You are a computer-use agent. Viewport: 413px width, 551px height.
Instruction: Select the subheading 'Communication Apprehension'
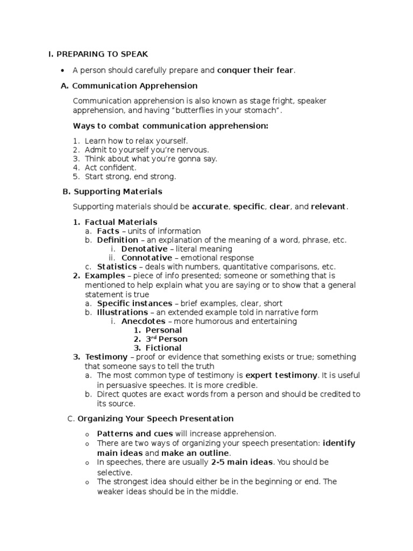134,86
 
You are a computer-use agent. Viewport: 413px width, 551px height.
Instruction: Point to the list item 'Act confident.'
110,168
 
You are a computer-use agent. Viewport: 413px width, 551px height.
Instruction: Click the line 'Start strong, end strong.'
130,176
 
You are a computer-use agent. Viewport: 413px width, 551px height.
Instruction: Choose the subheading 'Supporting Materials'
118,191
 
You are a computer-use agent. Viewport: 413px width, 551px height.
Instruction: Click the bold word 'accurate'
210,207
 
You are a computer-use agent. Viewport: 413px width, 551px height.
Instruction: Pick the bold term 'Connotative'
147,258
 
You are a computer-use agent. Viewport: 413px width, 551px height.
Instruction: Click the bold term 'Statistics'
117,267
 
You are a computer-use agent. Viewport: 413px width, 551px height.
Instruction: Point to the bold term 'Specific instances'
134,303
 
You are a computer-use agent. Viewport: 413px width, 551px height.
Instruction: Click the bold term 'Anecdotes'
143,321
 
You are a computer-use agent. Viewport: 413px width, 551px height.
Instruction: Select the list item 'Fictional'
163,348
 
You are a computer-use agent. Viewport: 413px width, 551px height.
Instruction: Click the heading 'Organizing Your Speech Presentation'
155,419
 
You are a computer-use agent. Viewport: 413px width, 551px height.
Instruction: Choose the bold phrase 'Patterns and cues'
134,433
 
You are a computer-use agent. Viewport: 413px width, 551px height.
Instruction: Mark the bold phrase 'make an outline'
192,453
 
